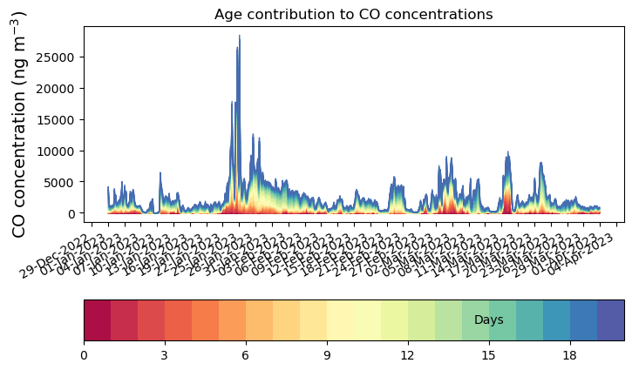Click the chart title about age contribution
point(353,14)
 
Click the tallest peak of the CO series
point(240,37)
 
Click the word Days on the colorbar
point(489,320)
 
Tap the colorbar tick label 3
point(165,355)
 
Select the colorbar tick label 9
point(327,355)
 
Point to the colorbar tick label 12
point(408,355)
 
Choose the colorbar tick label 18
point(570,355)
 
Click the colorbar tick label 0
point(84,355)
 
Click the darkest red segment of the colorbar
point(97,320)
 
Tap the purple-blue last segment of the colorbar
point(610,320)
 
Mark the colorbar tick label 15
point(489,355)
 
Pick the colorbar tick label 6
point(246,355)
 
